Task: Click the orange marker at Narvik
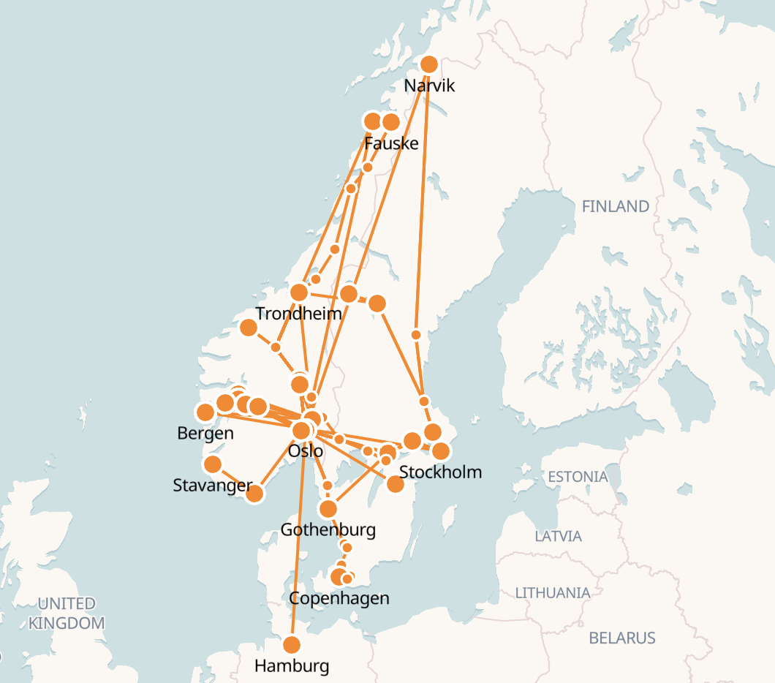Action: pos(429,64)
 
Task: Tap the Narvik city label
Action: pos(429,86)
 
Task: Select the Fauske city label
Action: pos(391,143)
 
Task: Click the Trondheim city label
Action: pos(298,314)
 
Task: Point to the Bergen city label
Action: pos(205,433)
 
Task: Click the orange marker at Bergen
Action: pos(205,412)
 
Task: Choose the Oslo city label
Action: pos(306,451)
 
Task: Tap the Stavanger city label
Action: pos(212,485)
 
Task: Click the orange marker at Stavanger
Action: pos(213,464)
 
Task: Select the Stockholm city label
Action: pos(441,472)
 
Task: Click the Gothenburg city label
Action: pos(328,529)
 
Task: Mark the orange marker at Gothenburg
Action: pos(328,509)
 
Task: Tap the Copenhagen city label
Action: pos(339,598)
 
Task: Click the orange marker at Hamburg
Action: pos(292,645)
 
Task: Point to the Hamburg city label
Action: pos(292,666)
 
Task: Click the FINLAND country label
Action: pos(615,206)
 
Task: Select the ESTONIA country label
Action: pos(578,477)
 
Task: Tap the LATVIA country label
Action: pos(558,536)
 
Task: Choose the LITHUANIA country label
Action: pos(552,592)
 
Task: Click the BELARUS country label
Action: pos(622,638)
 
